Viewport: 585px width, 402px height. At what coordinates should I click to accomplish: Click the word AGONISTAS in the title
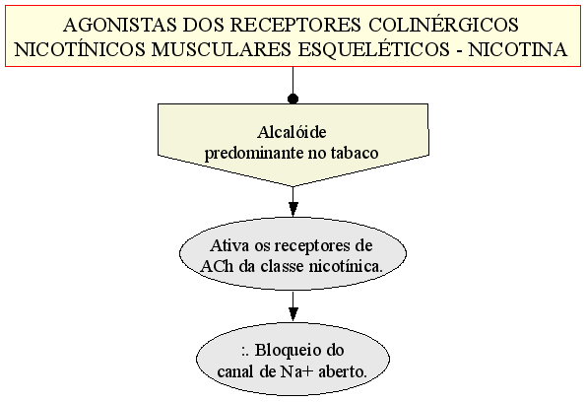[x=120, y=25]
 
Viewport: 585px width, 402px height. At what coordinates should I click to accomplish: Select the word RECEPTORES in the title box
[x=295, y=25]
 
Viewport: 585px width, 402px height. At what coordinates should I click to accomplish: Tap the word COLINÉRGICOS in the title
[x=443, y=25]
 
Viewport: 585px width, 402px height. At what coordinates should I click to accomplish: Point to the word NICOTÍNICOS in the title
[x=80, y=49]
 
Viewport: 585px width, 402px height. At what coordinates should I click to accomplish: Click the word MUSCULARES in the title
[x=221, y=49]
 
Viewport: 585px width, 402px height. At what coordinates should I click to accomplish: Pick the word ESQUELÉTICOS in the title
[x=374, y=49]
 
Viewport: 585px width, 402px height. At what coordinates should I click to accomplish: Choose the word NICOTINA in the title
[x=518, y=49]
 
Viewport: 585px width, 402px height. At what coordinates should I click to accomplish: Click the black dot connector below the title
[x=293, y=99]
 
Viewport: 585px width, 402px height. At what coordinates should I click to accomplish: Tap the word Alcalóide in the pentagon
[x=292, y=132]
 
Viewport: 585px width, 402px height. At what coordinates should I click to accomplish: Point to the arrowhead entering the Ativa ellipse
[x=293, y=209]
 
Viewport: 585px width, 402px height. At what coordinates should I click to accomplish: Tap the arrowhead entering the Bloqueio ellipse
[x=293, y=314]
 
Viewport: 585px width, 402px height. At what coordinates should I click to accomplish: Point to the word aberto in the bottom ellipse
[x=343, y=371]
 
